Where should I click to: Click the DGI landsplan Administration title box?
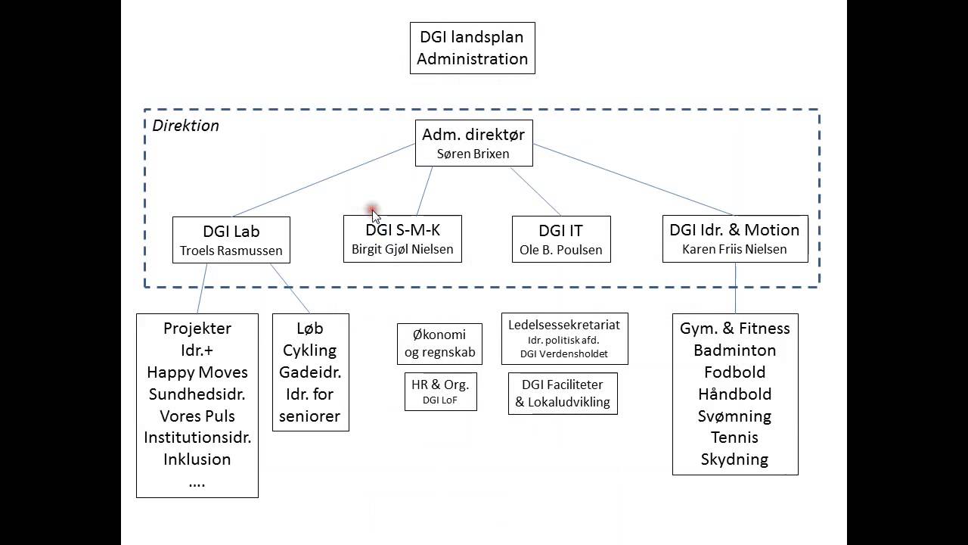pyautogui.click(x=472, y=48)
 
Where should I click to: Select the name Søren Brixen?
pyautogui.click(x=473, y=154)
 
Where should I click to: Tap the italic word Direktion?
pyautogui.click(x=185, y=126)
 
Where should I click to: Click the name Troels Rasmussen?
pyautogui.click(x=231, y=251)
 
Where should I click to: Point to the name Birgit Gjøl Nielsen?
pyautogui.click(x=402, y=249)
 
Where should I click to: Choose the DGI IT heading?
pyautogui.click(x=560, y=230)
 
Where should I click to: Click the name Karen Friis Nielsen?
pyautogui.click(x=734, y=249)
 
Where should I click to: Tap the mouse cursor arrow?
pyautogui.click(x=375, y=216)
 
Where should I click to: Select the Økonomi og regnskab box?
pyautogui.click(x=439, y=343)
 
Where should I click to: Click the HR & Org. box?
pyautogui.click(x=440, y=391)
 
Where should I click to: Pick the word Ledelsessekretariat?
pyautogui.click(x=563, y=325)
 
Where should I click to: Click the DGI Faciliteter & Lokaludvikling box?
pyautogui.click(x=563, y=394)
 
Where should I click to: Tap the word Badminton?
pyautogui.click(x=734, y=350)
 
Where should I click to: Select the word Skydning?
pyautogui.click(x=734, y=459)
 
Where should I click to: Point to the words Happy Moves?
pyautogui.click(x=197, y=372)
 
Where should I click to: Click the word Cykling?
pyautogui.click(x=309, y=350)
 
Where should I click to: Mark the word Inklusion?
pyautogui.click(x=197, y=459)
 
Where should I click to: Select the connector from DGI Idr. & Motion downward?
pyautogui.click(x=735, y=288)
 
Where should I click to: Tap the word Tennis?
pyautogui.click(x=734, y=438)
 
